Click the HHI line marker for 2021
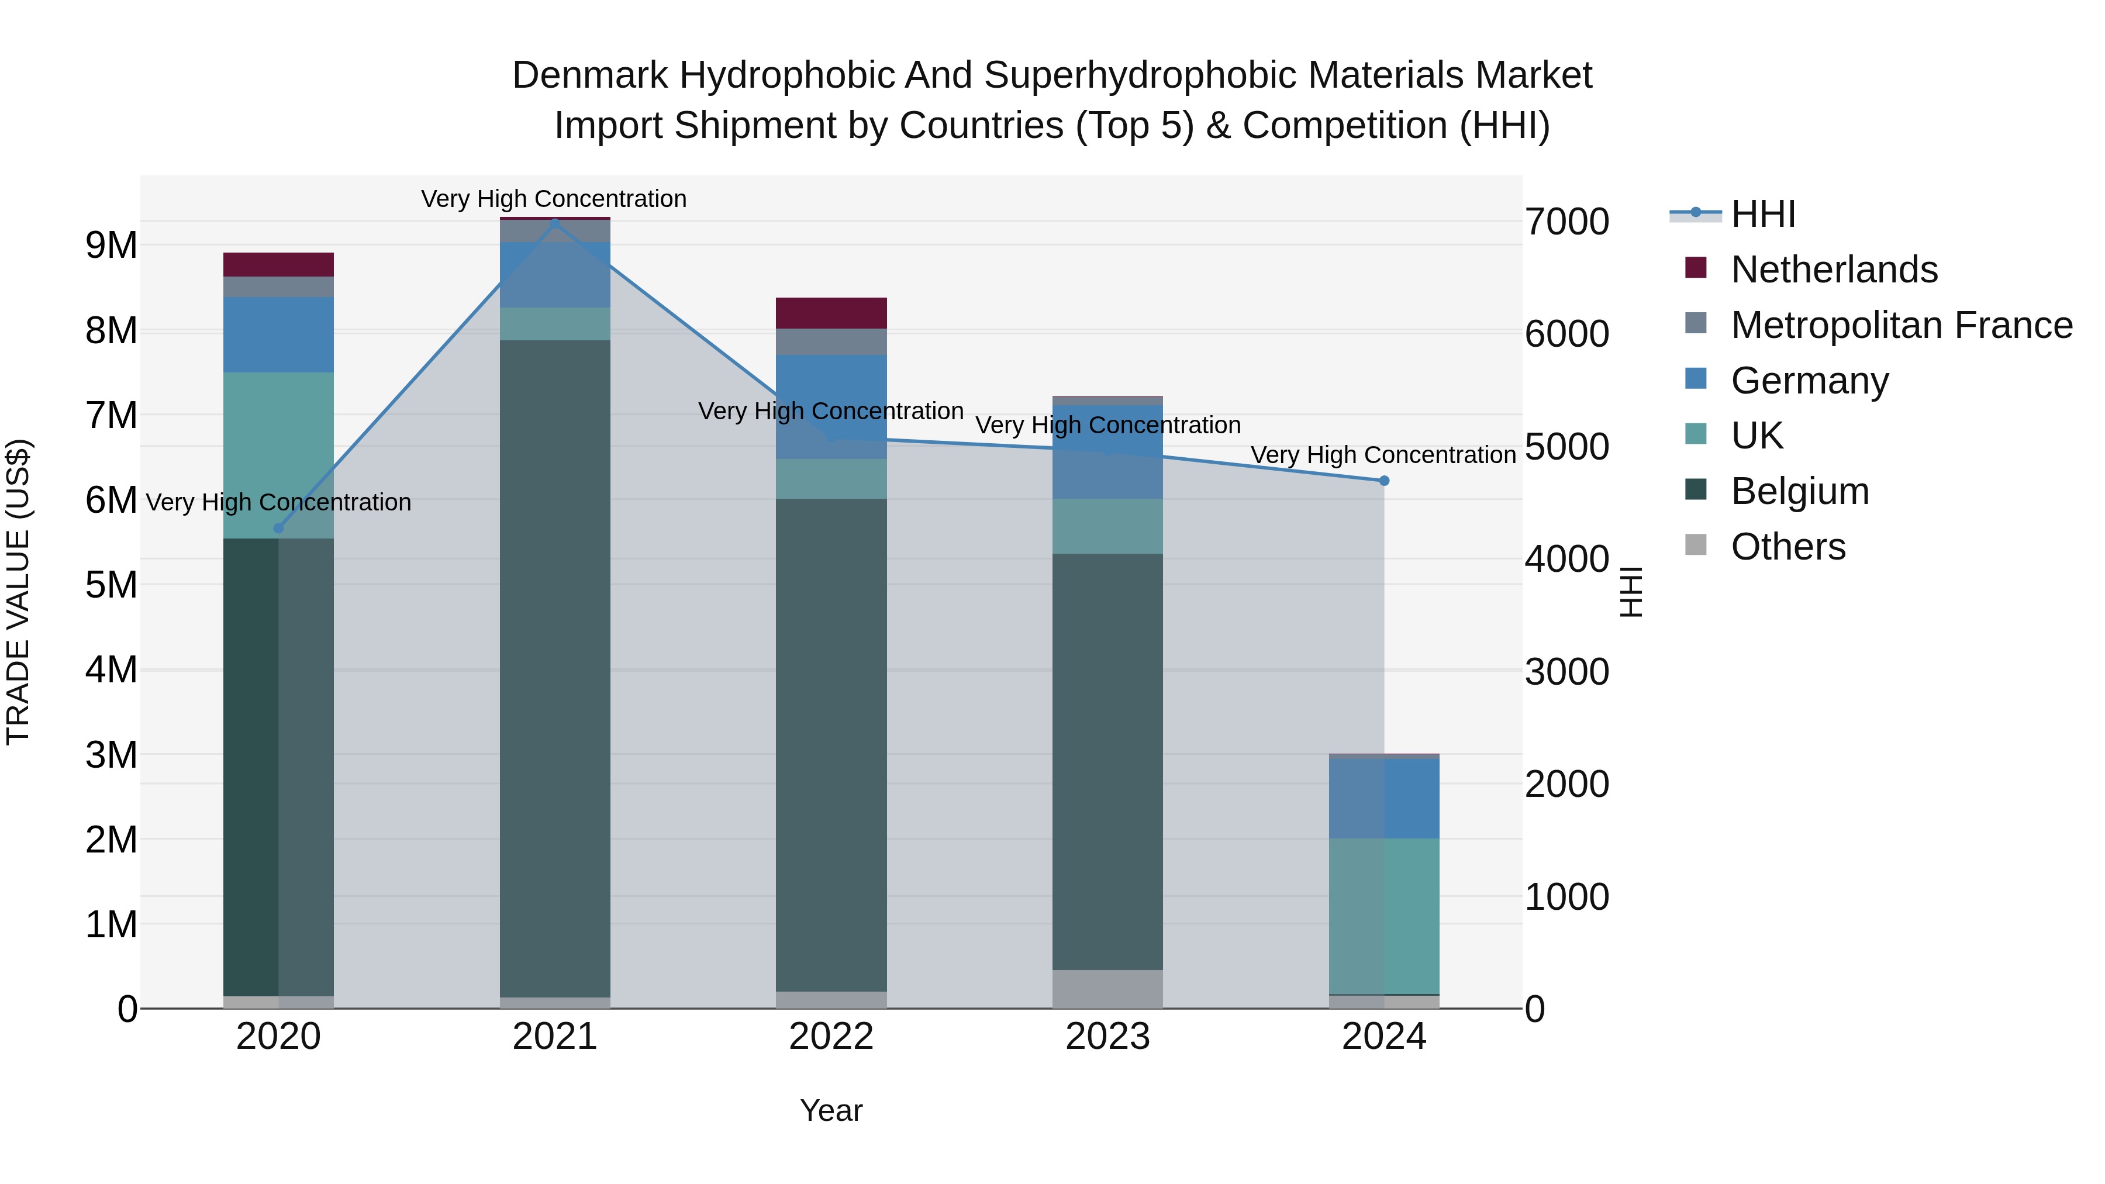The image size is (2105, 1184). [555, 220]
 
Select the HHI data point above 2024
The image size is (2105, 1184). [1383, 481]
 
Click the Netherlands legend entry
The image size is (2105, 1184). [1834, 269]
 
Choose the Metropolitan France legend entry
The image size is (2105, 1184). [1901, 325]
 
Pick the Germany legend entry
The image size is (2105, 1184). [1809, 380]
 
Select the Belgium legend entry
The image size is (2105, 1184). [1799, 491]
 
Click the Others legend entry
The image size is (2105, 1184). [1788, 547]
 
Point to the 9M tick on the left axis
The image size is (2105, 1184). [111, 245]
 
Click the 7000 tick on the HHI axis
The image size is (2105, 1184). [1566, 222]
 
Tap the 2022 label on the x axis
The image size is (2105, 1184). [831, 1037]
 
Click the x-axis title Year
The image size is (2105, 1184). [831, 1110]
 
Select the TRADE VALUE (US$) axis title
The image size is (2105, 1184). [18, 592]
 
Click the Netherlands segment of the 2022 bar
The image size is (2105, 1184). [831, 313]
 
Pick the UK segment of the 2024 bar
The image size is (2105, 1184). [1383, 915]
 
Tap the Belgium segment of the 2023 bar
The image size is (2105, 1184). [1107, 760]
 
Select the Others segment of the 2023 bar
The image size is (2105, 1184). [1107, 989]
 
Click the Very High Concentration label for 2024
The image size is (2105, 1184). [1383, 454]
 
